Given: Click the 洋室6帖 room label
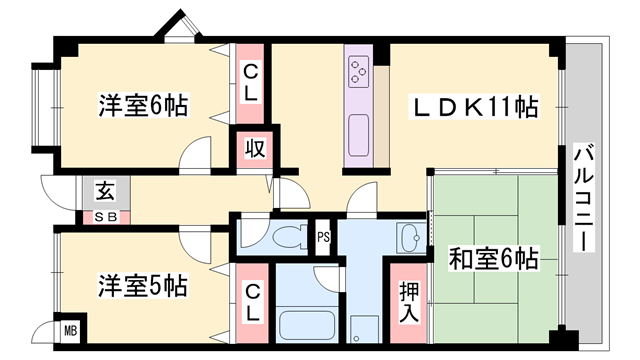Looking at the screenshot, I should click(144, 105).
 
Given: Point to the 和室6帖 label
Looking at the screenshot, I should click(493, 260).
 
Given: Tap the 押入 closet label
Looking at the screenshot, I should click(409, 301).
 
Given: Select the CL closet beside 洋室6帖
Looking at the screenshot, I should click(250, 83).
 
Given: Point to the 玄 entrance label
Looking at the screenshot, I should click(104, 190).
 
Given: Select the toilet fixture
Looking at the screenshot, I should click(283, 238).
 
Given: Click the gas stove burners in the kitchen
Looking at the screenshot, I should click(358, 71).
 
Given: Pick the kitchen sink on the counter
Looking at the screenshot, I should click(358, 127).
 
